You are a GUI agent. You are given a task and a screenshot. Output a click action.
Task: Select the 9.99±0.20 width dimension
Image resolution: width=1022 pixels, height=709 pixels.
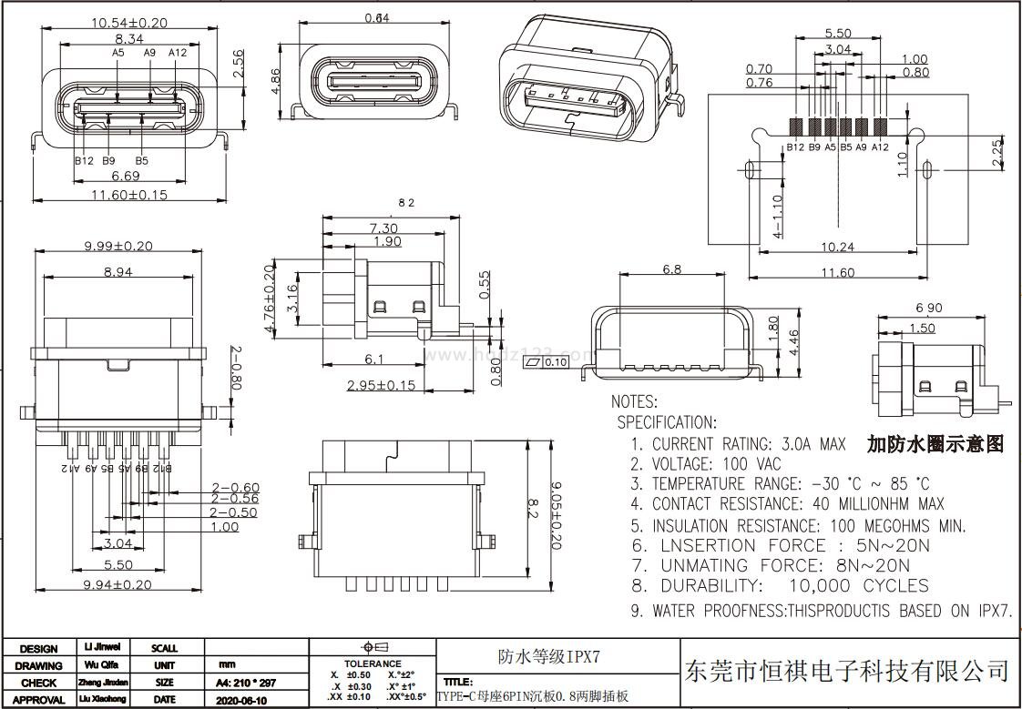[118, 246]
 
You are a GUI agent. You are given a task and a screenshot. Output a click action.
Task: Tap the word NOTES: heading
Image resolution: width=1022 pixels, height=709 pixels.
[634, 401]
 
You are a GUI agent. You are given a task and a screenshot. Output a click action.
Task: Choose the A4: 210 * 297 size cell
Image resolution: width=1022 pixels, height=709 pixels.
[244, 683]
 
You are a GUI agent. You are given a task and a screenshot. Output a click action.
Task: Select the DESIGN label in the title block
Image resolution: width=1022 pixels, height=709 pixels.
[38, 649]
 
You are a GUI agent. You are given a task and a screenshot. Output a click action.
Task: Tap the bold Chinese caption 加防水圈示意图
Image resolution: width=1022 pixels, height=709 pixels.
[935, 444]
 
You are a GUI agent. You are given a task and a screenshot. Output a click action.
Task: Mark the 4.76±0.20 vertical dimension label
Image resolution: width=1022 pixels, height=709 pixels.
[269, 300]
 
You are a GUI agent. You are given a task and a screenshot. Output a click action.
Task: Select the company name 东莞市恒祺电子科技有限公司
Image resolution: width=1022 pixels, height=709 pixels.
[846, 673]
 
